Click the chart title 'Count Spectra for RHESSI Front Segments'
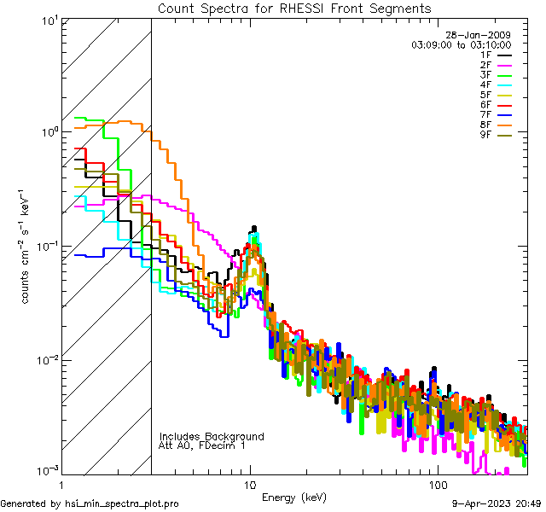[294, 9]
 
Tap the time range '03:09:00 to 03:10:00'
[461, 44]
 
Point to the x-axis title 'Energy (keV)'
[294, 497]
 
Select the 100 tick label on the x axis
[437, 484]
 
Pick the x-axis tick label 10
[250, 484]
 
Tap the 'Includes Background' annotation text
[212, 437]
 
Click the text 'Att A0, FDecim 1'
[202, 446]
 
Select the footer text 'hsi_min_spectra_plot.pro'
[122, 503]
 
